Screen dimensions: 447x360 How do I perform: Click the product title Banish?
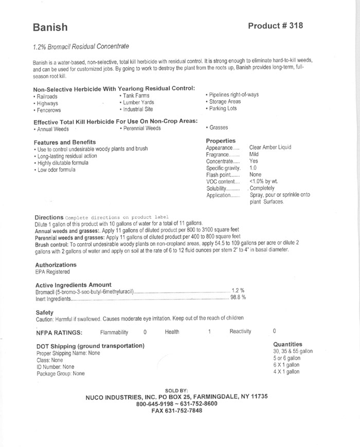coord(50,27)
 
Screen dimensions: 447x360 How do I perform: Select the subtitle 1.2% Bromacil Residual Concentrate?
coord(80,47)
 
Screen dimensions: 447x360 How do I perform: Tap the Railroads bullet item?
coord(47,96)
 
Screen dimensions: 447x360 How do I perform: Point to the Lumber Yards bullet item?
coord(138,102)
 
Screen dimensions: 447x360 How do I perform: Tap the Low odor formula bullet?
coord(56,170)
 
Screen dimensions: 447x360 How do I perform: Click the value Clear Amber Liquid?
coord(270,147)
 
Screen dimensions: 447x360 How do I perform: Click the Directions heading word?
coord(49,217)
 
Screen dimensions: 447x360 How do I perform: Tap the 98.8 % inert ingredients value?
coord(237,297)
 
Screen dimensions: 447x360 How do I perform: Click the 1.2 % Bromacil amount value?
coord(237,290)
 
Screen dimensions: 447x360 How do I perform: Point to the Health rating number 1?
coord(210,332)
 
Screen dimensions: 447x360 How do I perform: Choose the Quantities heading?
coord(288,344)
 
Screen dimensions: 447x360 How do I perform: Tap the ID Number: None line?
coord(56,367)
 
